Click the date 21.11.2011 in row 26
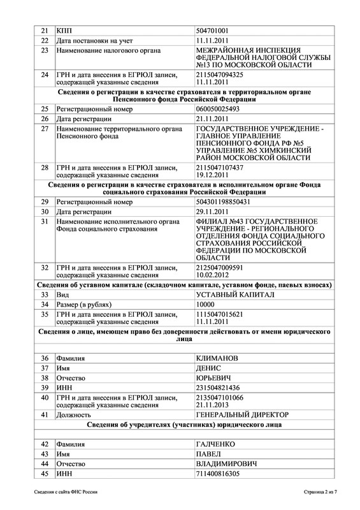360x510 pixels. (x=214, y=119)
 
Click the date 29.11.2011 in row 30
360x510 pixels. (x=214, y=211)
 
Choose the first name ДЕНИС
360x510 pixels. (x=209, y=368)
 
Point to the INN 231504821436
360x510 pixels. (x=219, y=388)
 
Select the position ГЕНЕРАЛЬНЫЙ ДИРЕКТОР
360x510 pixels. (x=243, y=414)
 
